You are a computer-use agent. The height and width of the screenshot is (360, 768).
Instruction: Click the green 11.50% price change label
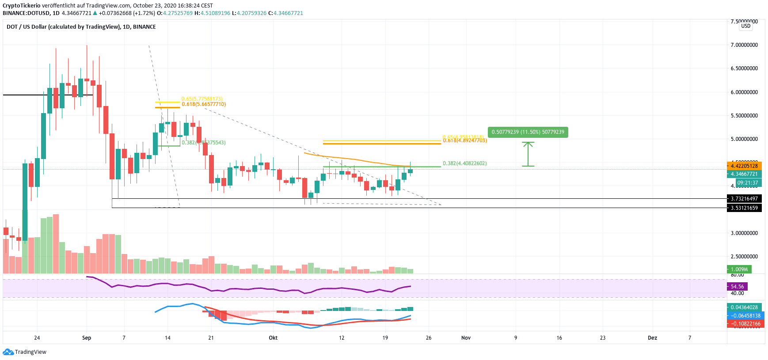click(528, 132)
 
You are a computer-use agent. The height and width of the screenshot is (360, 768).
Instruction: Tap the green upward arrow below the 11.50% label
click(528, 154)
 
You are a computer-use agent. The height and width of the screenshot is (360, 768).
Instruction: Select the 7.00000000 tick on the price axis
click(744, 45)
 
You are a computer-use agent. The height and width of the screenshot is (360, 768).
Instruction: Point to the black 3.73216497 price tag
click(744, 199)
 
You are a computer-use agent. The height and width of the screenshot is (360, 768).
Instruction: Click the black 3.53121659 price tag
click(744, 208)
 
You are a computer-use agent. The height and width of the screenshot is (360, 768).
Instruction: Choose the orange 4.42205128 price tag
click(744, 166)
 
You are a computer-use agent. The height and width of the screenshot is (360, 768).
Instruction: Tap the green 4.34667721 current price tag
click(744, 174)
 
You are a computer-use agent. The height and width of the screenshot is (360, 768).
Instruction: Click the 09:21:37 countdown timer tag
click(747, 183)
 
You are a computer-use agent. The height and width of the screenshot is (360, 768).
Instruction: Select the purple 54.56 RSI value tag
click(737, 287)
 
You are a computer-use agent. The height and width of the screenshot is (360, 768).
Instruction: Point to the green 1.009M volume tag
click(739, 269)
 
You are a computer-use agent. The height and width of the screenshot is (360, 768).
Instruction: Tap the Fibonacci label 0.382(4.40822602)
click(465, 163)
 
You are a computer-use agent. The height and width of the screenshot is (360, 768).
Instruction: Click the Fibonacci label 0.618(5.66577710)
click(204, 104)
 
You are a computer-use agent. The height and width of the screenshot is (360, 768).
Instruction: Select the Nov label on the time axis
click(466, 338)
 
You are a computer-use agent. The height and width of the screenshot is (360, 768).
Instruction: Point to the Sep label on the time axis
click(87, 338)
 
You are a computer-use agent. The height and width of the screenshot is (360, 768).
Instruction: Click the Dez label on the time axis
click(652, 338)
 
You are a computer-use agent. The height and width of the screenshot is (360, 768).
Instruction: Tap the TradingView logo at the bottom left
click(25, 352)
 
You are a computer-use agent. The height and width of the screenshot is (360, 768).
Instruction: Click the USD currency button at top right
click(746, 26)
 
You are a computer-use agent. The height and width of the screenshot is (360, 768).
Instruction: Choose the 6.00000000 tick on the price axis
click(744, 92)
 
